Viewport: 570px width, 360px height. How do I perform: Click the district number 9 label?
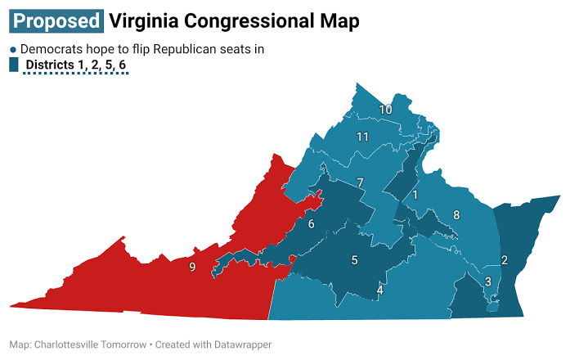[x=192, y=267]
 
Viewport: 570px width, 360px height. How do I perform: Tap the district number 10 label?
[x=385, y=110]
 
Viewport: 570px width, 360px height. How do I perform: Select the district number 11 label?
[x=364, y=136]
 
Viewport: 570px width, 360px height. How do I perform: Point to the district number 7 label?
[x=360, y=182]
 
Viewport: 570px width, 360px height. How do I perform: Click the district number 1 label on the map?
[x=415, y=195]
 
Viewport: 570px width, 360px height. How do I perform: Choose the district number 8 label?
[x=456, y=215]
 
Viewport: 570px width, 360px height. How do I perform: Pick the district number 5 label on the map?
[x=355, y=260]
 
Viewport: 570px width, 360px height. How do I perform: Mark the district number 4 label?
[x=379, y=290]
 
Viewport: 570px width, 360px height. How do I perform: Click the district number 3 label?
[x=488, y=281]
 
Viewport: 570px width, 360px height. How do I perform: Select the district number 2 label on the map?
[x=505, y=260]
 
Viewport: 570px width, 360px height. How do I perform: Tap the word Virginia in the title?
[x=142, y=20]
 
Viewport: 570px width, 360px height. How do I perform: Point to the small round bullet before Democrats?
[x=12, y=49]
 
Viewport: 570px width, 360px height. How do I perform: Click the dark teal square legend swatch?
[x=13, y=65]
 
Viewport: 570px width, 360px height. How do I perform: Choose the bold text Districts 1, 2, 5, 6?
[x=76, y=65]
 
